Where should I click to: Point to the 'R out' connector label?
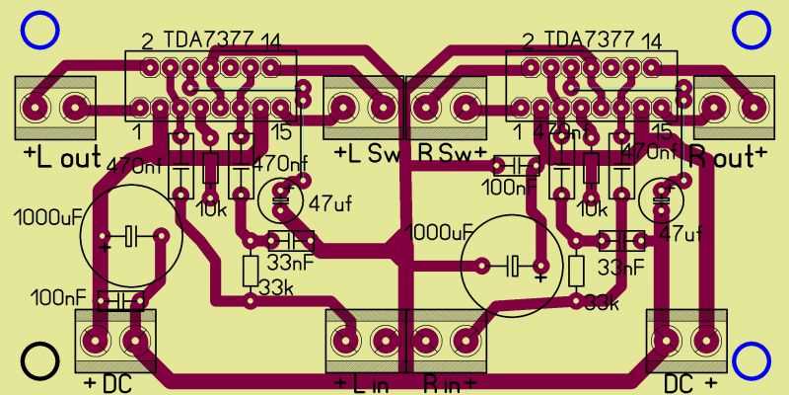click(x=728, y=155)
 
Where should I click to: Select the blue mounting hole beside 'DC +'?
click(x=752, y=361)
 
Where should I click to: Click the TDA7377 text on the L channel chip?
click(x=208, y=39)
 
